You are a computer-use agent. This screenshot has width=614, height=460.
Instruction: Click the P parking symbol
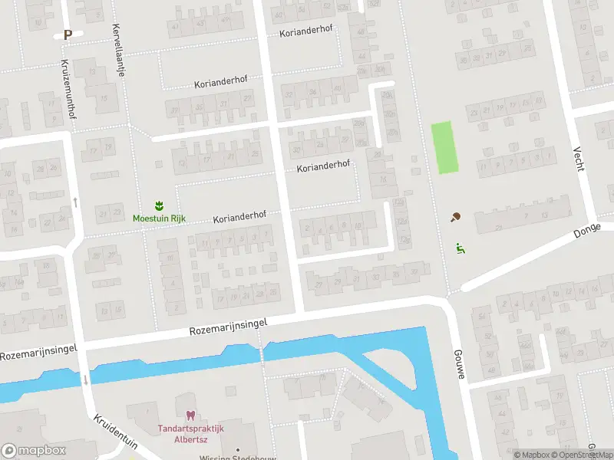tap(68, 34)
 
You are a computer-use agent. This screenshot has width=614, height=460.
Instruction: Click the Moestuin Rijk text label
tap(159, 219)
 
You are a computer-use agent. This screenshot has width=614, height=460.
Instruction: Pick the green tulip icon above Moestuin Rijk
tap(159, 205)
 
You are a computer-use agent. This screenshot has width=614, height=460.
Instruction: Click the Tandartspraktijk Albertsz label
tap(190, 434)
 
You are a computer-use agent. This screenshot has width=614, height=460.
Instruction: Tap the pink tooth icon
tap(190, 416)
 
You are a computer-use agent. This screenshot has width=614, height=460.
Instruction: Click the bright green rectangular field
tap(444, 147)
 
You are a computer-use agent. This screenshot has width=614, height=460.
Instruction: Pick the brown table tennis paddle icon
tap(457, 217)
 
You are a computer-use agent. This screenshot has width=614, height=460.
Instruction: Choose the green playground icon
tap(460, 248)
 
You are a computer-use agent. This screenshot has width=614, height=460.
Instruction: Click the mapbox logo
tap(34, 451)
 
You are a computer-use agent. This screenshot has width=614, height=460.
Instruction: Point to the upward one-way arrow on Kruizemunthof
tap(75, 202)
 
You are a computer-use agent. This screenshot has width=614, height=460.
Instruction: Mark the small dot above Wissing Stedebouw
tap(238, 449)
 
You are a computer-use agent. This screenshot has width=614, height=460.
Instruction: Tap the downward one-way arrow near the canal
tap(86, 379)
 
